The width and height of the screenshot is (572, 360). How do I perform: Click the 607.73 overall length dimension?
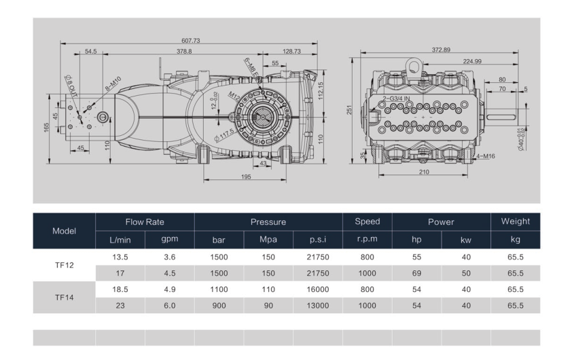coord(191,39)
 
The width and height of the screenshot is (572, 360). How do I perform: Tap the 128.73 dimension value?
coord(292,52)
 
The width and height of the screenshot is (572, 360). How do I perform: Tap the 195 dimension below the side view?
coord(246,177)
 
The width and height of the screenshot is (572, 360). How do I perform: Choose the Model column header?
coord(64,231)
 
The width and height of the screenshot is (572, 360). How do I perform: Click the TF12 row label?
coord(64,266)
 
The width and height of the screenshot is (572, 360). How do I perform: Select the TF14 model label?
coord(64,297)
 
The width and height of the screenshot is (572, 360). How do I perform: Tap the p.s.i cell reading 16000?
coord(317,289)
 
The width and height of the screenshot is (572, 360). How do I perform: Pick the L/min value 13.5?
coord(121,257)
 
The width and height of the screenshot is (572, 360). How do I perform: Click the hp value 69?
coord(416,274)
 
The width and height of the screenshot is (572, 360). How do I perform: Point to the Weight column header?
coord(515,221)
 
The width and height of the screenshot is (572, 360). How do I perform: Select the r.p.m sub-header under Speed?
coord(367,240)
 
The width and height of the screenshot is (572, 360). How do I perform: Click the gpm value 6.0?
coord(170,305)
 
